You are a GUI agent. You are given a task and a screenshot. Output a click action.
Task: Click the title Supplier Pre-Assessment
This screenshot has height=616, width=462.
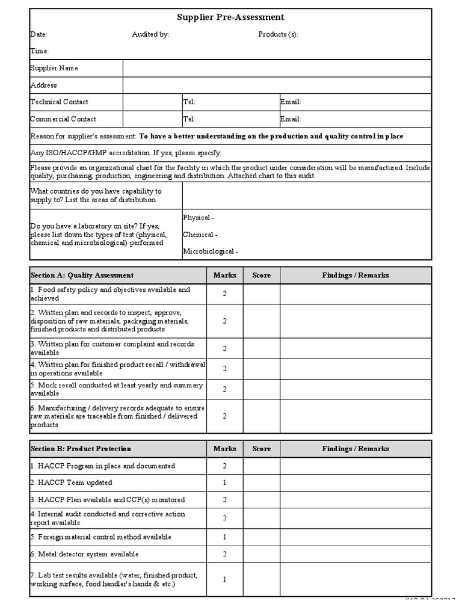tap(230, 18)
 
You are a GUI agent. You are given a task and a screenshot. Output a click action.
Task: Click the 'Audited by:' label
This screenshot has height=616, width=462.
tap(150, 35)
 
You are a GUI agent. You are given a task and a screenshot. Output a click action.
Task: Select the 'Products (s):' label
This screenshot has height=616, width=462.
tap(278, 35)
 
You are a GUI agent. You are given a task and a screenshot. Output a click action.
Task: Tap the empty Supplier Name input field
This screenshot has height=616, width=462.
tap(277, 69)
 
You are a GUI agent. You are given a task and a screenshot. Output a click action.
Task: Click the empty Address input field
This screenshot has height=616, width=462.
tap(277, 85)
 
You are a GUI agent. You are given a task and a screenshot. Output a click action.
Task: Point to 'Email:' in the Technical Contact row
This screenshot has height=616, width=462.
tap(291, 102)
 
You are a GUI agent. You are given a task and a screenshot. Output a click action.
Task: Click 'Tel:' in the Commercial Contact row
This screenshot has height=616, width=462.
tap(189, 119)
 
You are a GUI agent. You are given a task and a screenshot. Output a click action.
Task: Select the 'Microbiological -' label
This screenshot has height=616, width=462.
tap(211, 251)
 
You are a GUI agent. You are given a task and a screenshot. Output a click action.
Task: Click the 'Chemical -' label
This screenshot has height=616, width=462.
tap(200, 235)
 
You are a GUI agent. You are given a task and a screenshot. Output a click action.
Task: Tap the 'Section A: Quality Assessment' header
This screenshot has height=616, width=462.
tap(82, 276)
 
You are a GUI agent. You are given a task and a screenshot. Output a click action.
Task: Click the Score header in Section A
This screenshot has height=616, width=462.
tap(261, 276)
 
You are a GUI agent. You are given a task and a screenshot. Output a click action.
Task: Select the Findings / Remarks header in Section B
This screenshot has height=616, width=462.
tap(356, 449)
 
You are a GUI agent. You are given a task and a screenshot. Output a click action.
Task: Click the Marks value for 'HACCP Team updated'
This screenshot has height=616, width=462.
tap(224, 482)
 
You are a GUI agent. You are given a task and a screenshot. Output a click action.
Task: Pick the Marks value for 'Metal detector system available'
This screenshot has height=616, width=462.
tap(224, 554)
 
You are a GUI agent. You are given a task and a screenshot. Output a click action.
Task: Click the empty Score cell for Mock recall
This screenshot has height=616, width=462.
tap(261, 389)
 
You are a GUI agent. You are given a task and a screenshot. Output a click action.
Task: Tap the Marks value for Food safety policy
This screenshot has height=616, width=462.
tap(224, 294)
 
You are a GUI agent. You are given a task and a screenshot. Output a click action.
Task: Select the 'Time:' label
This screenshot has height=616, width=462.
tap(39, 52)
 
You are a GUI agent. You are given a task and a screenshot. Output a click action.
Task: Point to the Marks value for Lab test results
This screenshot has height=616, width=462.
tap(224, 580)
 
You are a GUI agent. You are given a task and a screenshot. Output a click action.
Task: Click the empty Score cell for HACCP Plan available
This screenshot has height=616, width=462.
tap(261, 500)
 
